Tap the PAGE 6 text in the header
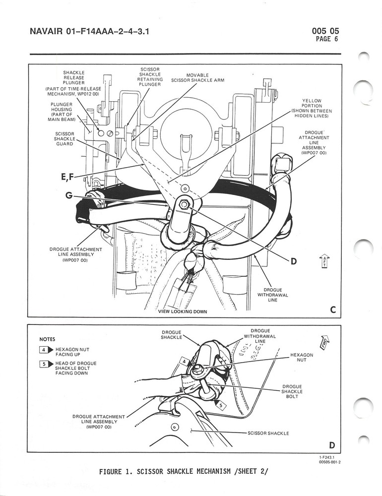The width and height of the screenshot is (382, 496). coord(326,40)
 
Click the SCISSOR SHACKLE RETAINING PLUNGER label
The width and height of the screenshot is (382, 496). coord(149,76)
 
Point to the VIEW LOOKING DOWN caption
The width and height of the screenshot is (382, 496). coord(182,311)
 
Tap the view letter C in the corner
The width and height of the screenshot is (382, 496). coord(333,310)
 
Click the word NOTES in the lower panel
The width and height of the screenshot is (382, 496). coord(48,340)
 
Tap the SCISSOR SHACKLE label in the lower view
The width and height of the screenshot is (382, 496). coord(268,433)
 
